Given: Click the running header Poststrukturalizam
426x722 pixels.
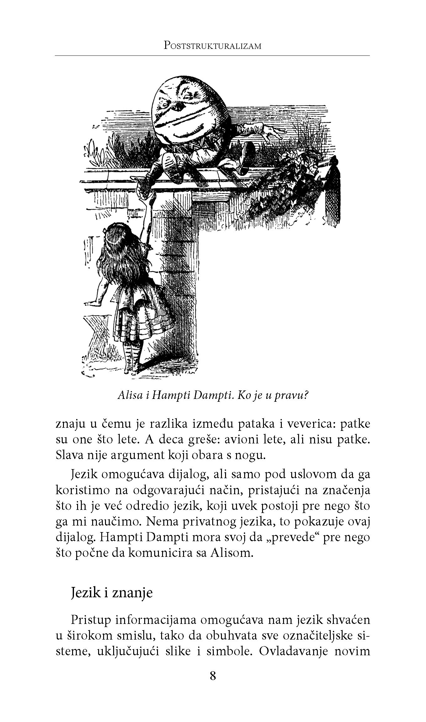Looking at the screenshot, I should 213,46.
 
